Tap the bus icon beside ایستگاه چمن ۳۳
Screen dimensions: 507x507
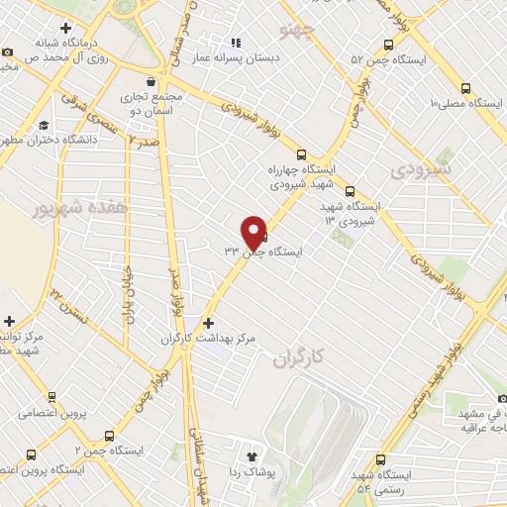pyautogui.click(x=263, y=236)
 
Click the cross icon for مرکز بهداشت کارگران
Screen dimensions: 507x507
pyautogui.click(x=207, y=323)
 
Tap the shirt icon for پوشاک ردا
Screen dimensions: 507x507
pyautogui.click(x=253, y=457)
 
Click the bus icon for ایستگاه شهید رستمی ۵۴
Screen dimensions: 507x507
pyautogui.click(x=382, y=459)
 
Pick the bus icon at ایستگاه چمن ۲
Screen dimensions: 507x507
pyautogui.click(x=109, y=435)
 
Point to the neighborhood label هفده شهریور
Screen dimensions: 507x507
pyautogui.click(x=55, y=210)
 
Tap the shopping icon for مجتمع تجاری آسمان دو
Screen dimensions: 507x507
pyautogui.click(x=150, y=82)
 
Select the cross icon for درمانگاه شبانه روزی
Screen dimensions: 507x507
pyautogui.click(x=65, y=27)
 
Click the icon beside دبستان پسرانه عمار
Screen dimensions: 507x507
pyautogui.click(x=236, y=43)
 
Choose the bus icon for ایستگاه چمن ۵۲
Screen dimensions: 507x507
pyautogui.click(x=387, y=45)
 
